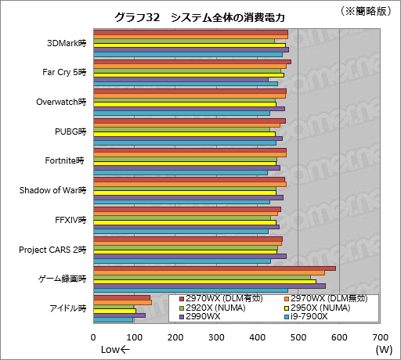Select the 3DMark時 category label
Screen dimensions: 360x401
(67, 44)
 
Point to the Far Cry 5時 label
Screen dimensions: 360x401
(64, 73)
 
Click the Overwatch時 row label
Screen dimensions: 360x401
(62, 102)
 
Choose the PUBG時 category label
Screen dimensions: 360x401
(71, 131)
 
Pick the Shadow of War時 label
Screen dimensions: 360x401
(53, 190)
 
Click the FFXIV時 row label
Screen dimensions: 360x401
(70, 220)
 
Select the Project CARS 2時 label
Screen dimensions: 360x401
(54, 250)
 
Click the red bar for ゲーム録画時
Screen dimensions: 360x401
(214, 268)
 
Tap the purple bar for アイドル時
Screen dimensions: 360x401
(119, 315)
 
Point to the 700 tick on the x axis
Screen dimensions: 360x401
(379, 337)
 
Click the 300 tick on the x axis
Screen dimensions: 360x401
(216, 337)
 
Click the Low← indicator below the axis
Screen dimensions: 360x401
(114, 349)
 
